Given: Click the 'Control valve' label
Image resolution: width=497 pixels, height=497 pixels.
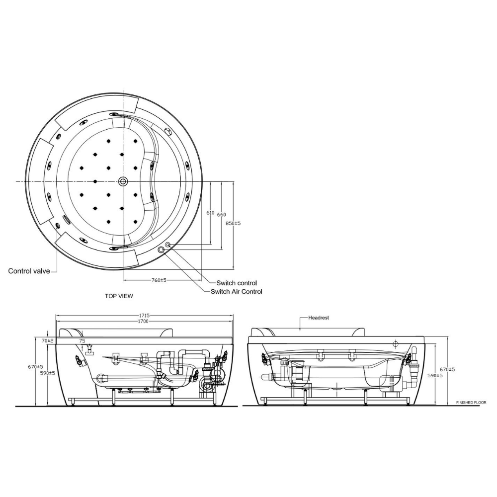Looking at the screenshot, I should pos(29,271).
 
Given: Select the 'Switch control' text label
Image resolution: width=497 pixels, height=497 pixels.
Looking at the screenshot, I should pos(237,283).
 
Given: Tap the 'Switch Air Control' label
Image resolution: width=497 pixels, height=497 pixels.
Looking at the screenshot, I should pos(236,292).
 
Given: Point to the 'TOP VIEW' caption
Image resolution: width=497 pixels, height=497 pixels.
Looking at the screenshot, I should pos(119,296).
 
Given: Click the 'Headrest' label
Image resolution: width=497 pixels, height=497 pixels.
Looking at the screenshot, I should pos(319,317).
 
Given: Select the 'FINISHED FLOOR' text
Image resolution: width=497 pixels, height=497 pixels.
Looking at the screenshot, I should pos(471,403).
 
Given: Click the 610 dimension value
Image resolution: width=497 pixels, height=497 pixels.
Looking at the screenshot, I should pos(210,213).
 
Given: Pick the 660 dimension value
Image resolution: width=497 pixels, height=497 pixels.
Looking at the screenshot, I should pos(222,214).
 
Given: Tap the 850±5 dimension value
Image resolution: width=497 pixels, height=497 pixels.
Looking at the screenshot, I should pos(233,224).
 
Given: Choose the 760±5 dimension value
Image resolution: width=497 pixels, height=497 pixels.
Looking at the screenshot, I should pos(159,280).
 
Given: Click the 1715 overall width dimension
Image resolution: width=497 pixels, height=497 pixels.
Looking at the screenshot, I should pos(145,316).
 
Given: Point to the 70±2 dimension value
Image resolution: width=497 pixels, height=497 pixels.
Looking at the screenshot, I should pos(48,341).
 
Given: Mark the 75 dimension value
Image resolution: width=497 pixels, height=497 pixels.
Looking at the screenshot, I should pos(83,341).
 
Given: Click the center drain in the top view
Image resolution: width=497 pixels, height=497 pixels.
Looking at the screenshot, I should pos(123,181).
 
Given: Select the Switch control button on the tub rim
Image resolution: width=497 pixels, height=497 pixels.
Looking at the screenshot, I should pos(168,245).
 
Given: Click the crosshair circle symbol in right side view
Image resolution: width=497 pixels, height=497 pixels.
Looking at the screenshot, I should pos(396,343).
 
